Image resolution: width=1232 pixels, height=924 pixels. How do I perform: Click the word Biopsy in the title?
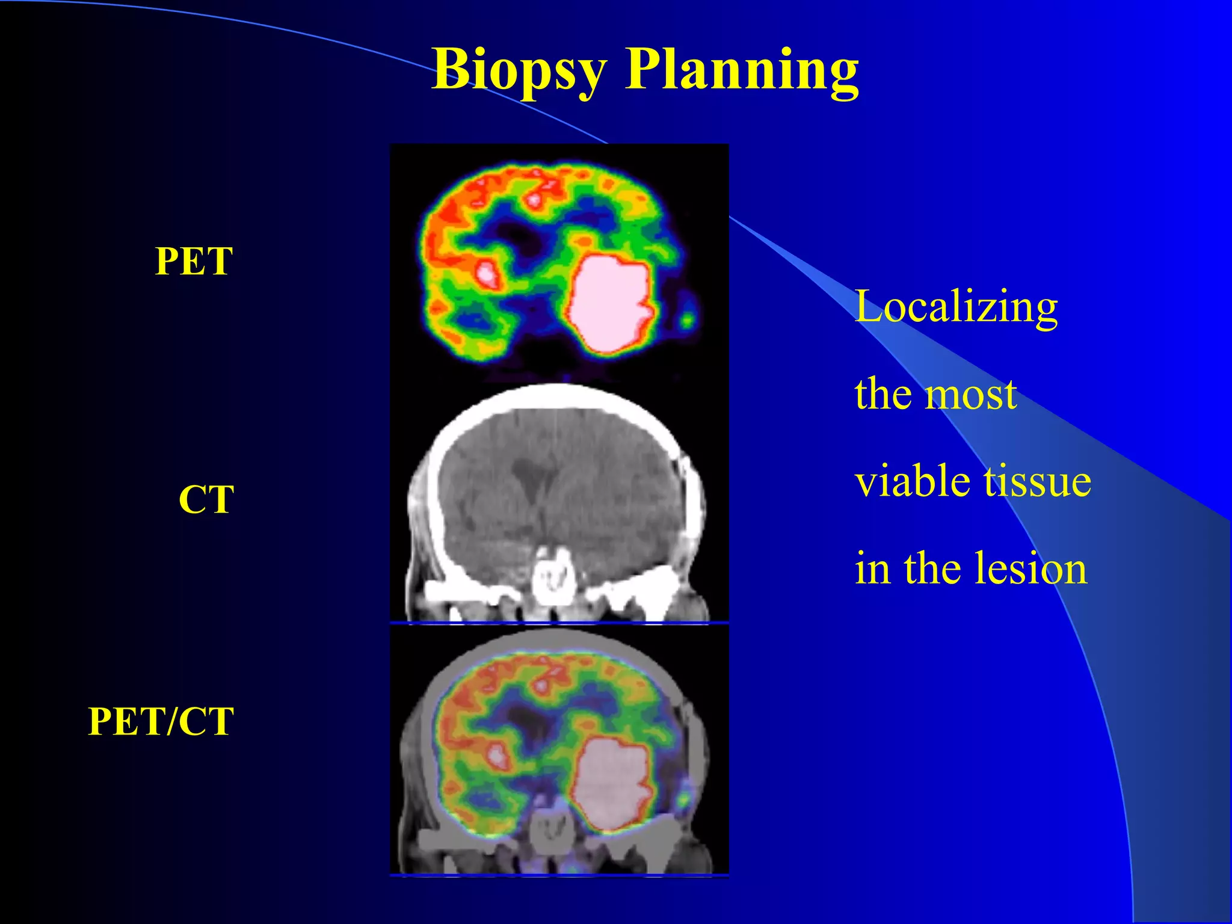519,71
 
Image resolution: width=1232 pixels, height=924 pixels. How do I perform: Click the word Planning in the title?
742,71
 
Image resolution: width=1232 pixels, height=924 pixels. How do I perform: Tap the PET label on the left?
194,261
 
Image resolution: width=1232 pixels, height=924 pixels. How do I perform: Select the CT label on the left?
206,499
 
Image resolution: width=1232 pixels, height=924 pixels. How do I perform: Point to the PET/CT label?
161,721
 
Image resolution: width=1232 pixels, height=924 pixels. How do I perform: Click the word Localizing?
956,307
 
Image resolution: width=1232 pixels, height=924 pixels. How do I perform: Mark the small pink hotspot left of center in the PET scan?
486,274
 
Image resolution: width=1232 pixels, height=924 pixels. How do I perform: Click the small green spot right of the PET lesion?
688,318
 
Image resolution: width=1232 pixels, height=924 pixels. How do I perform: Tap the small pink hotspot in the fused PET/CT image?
497,756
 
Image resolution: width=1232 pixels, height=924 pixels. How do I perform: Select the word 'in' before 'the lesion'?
872,568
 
